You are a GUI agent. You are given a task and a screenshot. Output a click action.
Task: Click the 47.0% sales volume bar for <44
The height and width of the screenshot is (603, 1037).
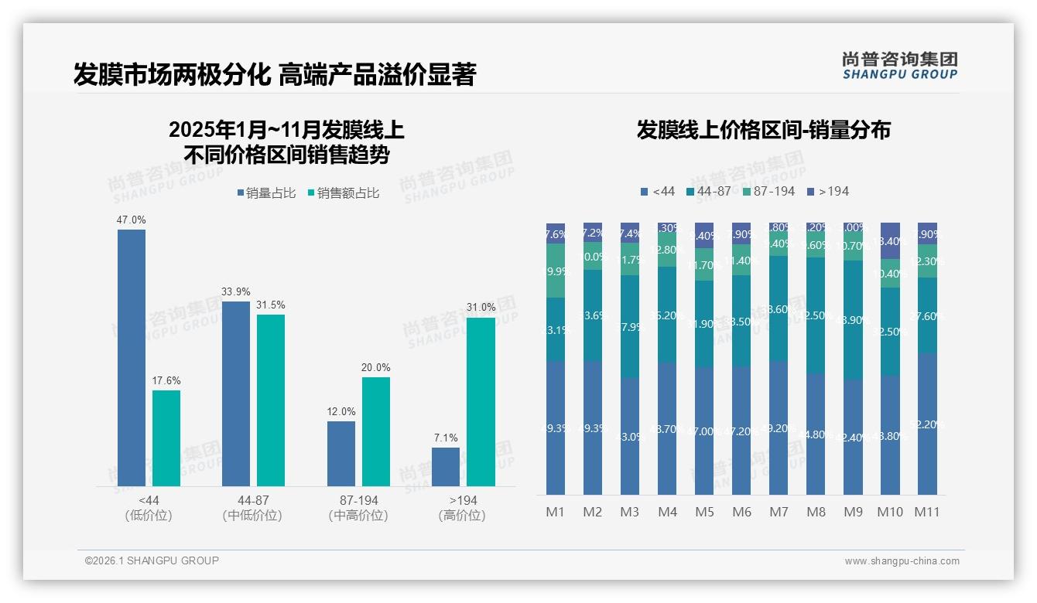pyautogui.click(x=132, y=357)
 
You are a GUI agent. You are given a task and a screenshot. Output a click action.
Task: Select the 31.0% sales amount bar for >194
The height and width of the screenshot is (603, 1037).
pyautogui.click(x=481, y=401)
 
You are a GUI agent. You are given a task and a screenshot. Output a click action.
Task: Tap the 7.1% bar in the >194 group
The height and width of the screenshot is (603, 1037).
pyautogui.click(x=446, y=466)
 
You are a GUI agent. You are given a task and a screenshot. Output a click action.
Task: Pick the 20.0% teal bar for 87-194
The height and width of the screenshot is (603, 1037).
pyautogui.click(x=376, y=431)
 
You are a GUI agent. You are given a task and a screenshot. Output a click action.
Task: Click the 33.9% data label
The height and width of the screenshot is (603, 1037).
pyautogui.click(x=236, y=291)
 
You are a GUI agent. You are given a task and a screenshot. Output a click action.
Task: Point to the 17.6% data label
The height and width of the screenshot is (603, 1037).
pyautogui.click(x=166, y=380)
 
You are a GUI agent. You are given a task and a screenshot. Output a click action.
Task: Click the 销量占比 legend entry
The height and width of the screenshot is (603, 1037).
pyautogui.click(x=266, y=193)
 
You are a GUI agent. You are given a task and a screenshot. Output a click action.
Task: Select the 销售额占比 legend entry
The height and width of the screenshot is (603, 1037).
pyautogui.click(x=343, y=193)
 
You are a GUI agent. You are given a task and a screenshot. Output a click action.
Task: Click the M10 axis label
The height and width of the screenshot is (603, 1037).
pyautogui.click(x=890, y=512)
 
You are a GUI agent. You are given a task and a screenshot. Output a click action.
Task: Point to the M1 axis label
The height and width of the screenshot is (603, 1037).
pyautogui.click(x=556, y=512)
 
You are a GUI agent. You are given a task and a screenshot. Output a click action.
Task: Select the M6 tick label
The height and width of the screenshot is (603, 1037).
pyautogui.click(x=741, y=512)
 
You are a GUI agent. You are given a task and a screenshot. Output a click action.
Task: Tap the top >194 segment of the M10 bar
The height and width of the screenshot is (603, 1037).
pyautogui.click(x=890, y=240)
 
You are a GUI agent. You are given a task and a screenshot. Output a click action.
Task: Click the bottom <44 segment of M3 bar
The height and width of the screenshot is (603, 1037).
pyautogui.click(x=630, y=436)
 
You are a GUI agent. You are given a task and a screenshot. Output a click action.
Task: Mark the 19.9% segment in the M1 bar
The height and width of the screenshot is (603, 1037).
pyautogui.click(x=556, y=271)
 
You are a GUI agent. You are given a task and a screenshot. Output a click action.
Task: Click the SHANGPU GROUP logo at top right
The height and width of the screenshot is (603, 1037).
pyautogui.click(x=899, y=65)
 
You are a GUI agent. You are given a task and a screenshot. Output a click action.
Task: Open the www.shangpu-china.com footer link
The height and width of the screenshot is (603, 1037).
pyautogui.click(x=902, y=561)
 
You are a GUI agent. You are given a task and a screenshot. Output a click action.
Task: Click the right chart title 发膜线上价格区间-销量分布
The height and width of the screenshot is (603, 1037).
pyautogui.click(x=763, y=130)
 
